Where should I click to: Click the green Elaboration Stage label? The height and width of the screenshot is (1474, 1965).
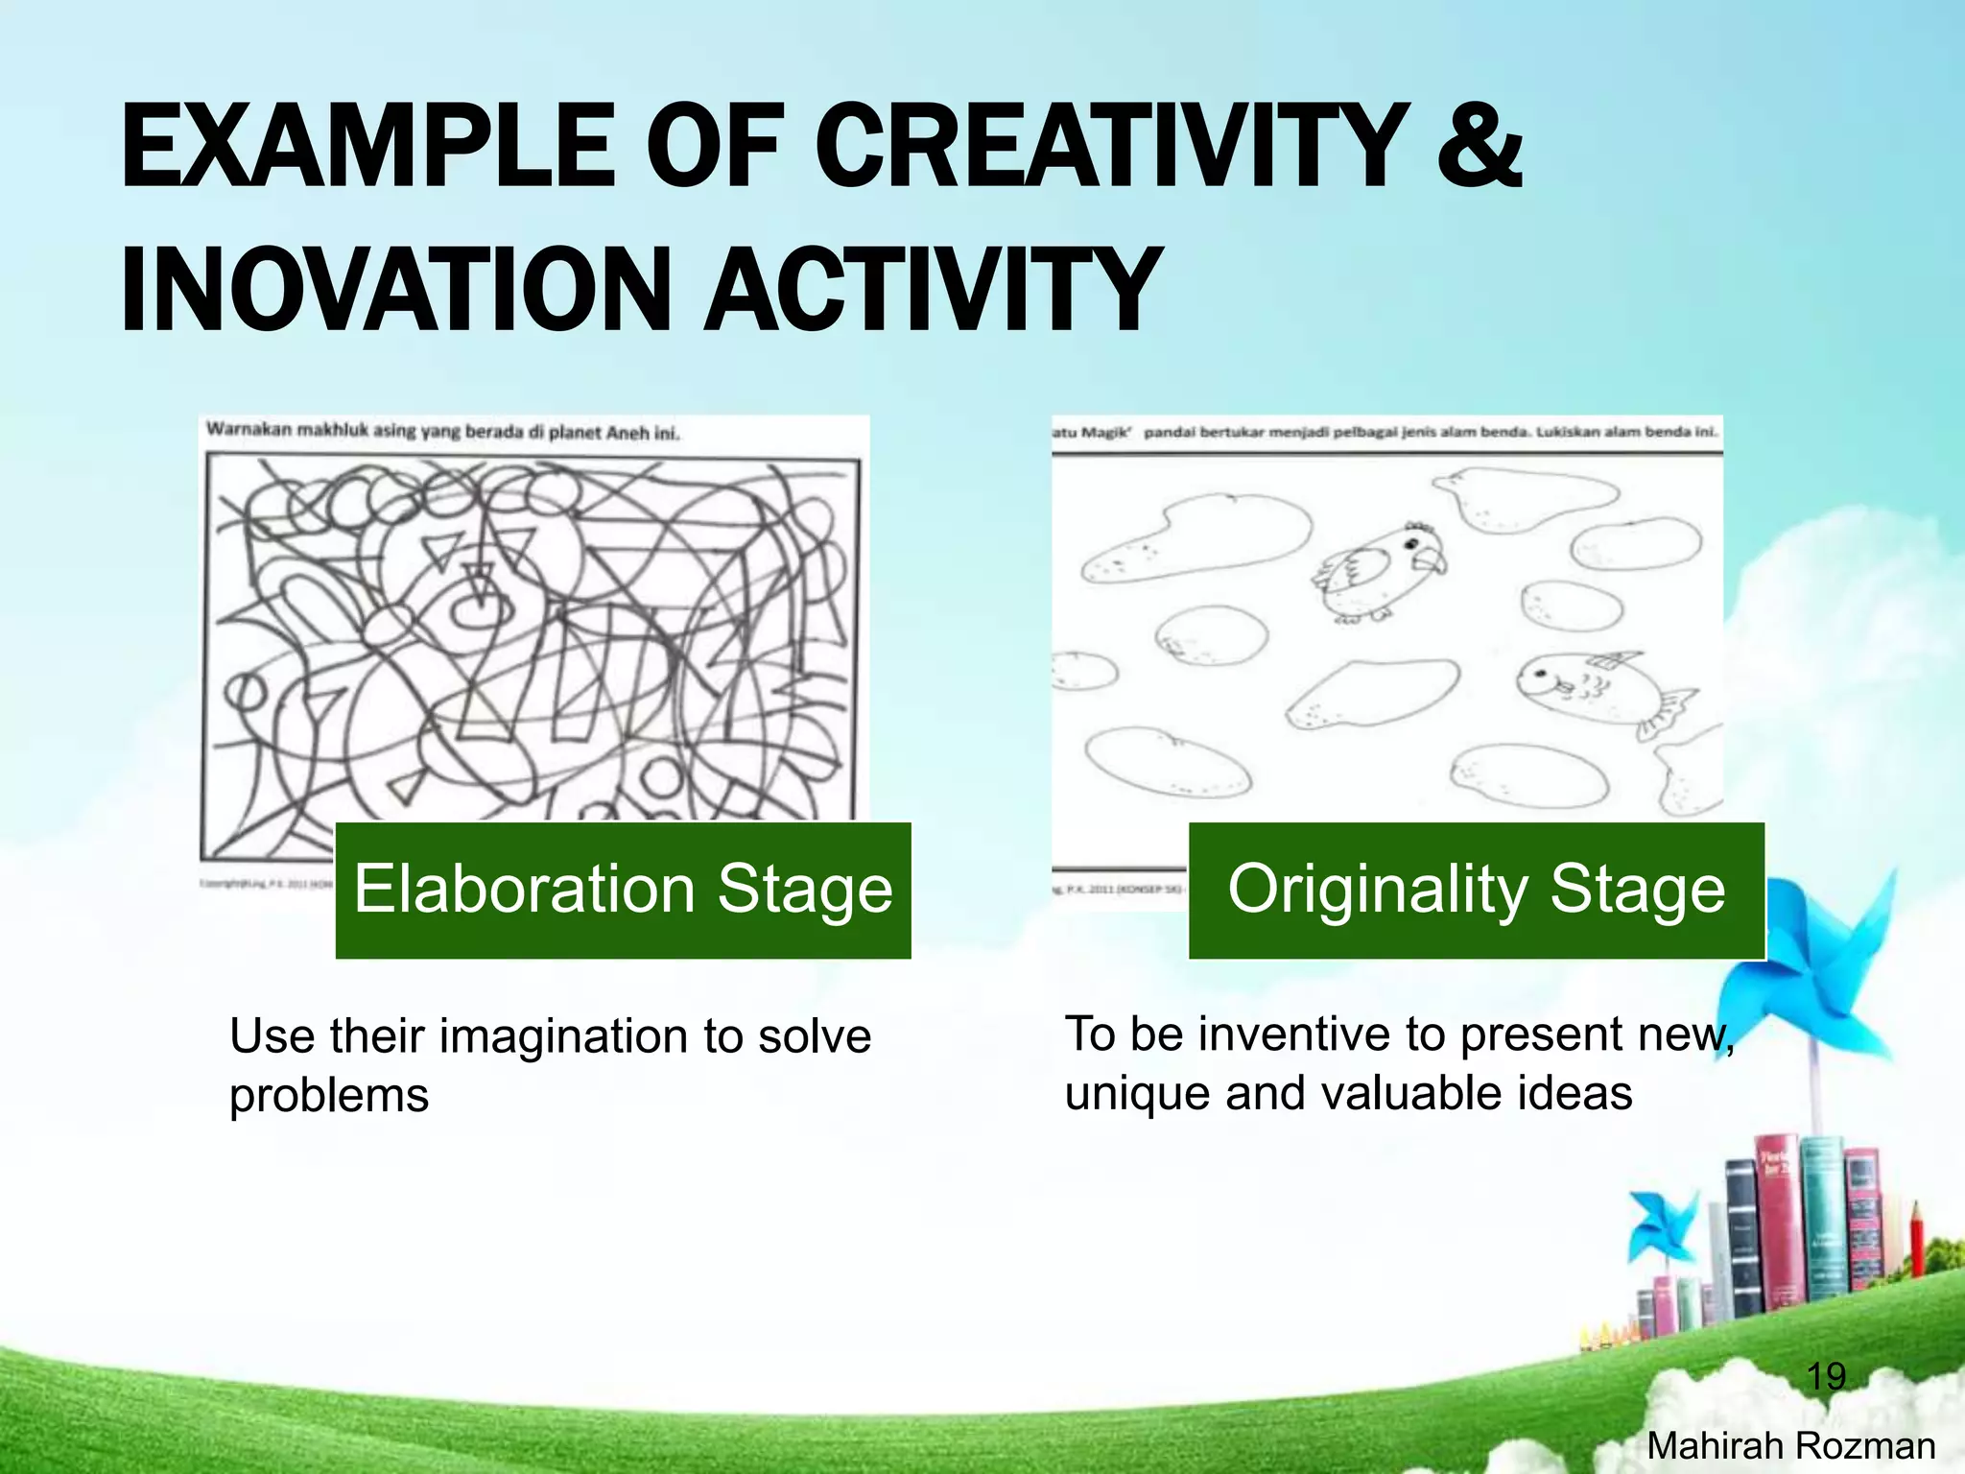coord(623,890)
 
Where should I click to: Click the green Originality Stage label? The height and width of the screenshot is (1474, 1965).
coord(1477,890)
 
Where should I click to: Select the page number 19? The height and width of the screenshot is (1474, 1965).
coord(1826,1376)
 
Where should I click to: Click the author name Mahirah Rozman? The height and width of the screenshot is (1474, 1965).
coord(1790,1445)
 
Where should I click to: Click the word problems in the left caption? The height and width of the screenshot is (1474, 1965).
coord(329,1096)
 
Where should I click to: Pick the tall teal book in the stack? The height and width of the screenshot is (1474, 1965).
coord(1821,1219)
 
